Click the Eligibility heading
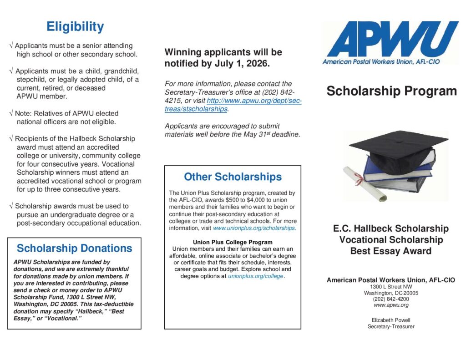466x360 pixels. (75, 27)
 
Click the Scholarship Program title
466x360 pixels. (391, 91)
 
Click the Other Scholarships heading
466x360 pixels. (233, 177)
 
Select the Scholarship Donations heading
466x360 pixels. (74, 248)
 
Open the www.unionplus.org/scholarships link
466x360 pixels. (254, 228)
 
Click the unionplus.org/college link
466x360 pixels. (256, 276)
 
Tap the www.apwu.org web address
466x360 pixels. (391, 305)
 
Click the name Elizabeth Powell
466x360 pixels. (391, 320)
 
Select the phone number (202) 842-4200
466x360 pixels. (391, 299)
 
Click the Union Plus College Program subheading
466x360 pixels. (233, 242)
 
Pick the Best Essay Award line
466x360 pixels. (391, 251)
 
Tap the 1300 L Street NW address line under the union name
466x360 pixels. (391, 287)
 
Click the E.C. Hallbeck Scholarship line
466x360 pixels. (391, 228)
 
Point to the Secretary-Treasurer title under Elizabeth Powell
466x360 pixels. (391, 326)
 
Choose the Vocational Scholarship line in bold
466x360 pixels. (391, 240)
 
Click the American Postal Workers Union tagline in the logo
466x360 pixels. (381, 61)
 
